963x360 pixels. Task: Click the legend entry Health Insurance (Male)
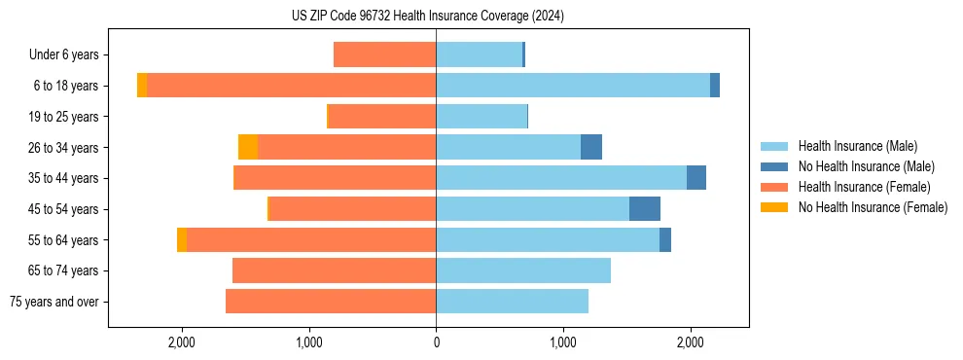pyautogui.click(x=857, y=147)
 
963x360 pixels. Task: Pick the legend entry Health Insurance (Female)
pyautogui.click(x=864, y=187)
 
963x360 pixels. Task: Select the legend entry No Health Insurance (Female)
pyautogui.click(x=873, y=207)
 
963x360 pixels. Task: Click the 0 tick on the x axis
pyautogui.click(x=436, y=342)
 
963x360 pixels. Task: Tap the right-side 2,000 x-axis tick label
pyautogui.click(x=690, y=342)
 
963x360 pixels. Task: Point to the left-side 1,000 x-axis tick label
pyautogui.click(x=308, y=342)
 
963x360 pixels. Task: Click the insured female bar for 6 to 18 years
pyautogui.click(x=291, y=86)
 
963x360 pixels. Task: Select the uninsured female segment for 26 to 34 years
pyautogui.click(x=248, y=147)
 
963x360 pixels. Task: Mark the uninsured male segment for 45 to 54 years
pyautogui.click(x=645, y=209)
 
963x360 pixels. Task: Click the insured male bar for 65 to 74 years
pyautogui.click(x=523, y=270)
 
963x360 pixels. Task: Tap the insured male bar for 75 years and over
pyautogui.click(x=512, y=302)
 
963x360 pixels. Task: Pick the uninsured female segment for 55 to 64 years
pyautogui.click(x=182, y=239)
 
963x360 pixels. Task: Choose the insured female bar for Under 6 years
pyautogui.click(x=384, y=54)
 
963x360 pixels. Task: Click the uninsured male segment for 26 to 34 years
pyautogui.click(x=591, y=147)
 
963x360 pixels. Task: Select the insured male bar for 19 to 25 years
pyautogui.click(x=481, y=117)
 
